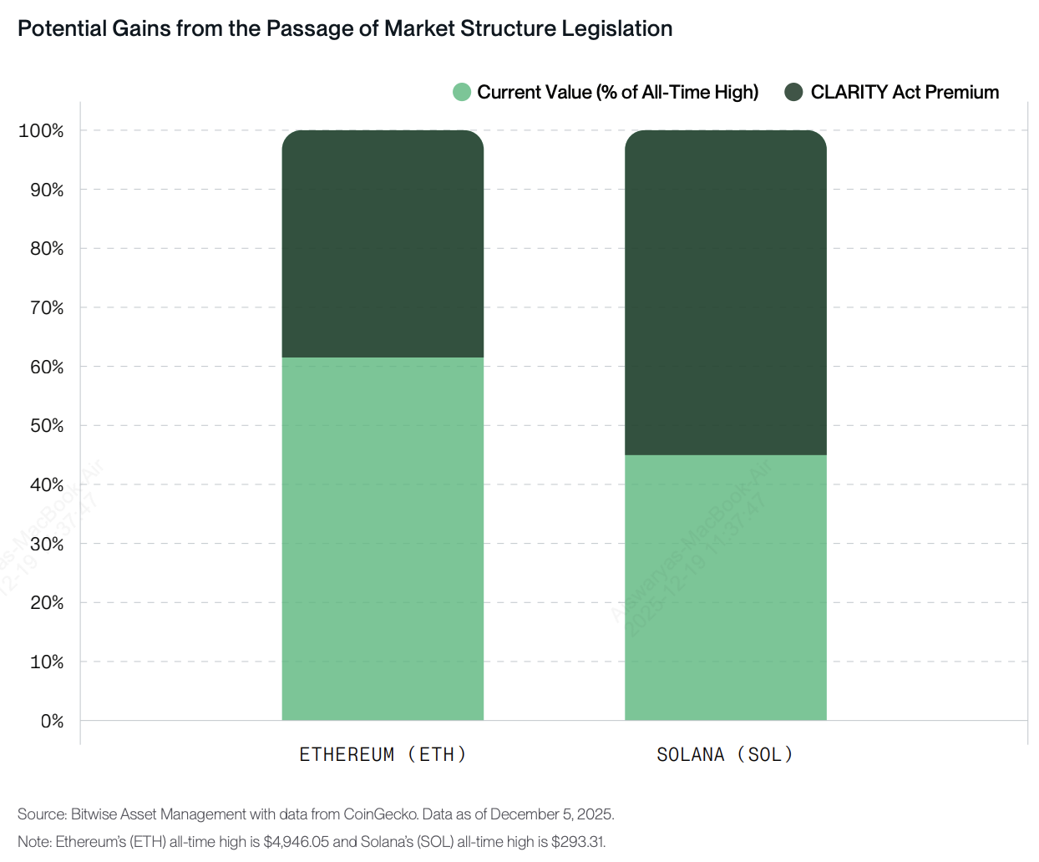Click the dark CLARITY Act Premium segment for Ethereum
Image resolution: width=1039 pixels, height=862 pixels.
[383, 244]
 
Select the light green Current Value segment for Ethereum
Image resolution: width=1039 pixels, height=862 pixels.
[383, 539]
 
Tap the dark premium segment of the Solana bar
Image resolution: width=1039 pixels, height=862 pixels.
[726, 292]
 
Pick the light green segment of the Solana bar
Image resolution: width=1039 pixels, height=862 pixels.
[726, 587]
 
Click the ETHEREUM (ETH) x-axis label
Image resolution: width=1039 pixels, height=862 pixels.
[383, 754]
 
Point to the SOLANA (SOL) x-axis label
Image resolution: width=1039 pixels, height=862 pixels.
[725, 754]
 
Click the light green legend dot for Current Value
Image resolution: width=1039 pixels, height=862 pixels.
[462, 92]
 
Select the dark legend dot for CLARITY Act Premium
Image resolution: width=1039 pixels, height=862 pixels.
[793, 92]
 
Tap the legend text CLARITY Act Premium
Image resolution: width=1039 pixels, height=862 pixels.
[905, 92]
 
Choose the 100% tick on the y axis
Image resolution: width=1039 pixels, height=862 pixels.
[41, 131]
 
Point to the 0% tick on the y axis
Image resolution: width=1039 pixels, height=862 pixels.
[52, 721]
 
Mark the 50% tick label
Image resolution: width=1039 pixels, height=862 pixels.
[47, 426]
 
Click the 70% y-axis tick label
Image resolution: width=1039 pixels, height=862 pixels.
[47, 308]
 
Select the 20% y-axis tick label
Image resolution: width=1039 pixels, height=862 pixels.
[47, 603]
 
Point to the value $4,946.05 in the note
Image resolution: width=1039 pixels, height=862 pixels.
[296, 841]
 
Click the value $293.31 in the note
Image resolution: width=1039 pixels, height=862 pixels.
[578, 841]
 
